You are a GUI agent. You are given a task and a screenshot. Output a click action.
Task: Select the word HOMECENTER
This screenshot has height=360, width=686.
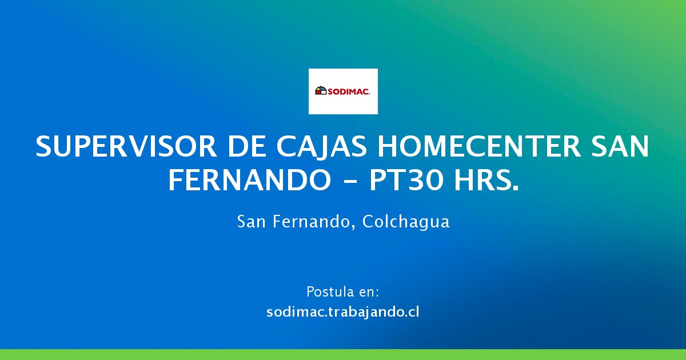pyautogui.click(x=479, y=146)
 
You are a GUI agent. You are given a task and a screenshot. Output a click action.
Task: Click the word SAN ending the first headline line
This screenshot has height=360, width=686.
pyautogui.click(x=620, y=146)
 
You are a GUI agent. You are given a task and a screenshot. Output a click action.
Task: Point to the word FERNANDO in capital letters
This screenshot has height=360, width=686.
pyautogui.click(x=250, y=181)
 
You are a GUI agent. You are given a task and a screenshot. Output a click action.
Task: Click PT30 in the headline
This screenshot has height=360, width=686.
pyautogui.click(x=406, y=181)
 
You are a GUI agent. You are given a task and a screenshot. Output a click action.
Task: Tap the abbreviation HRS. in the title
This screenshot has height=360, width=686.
pyautogui.click(x=486, y=181)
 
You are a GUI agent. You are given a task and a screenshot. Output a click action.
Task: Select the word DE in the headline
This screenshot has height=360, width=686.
pyautogui.click(x=247, y=146)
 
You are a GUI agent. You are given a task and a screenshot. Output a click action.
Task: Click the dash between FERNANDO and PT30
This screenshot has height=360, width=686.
pyautogui.click(x=350, y=182)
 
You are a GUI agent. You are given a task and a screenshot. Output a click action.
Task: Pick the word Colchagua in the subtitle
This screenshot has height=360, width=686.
pyautogui.click(x=406, y=222)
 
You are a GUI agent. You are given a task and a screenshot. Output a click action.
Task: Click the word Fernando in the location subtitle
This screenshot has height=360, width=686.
pyautogui.click(x=310, y=221)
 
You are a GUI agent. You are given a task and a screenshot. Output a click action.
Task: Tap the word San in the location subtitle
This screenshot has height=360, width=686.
pyautogui.click(x=251, y=221)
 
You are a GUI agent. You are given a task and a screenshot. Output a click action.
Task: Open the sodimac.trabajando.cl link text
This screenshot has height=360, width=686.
pyautogui.click(x=342, y=312)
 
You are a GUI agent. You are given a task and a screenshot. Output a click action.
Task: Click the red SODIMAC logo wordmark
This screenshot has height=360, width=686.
pyautogui.click(x=349, y=91)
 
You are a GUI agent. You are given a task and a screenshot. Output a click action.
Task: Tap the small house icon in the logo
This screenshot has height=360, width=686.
pyautogui.click(x=321, y=90)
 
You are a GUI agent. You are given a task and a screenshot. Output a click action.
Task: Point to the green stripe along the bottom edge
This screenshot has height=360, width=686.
pyautogui.click(x=343, y=354)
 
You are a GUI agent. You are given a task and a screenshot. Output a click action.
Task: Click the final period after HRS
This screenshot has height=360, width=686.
pyautogui.click(x=517, y=190)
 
